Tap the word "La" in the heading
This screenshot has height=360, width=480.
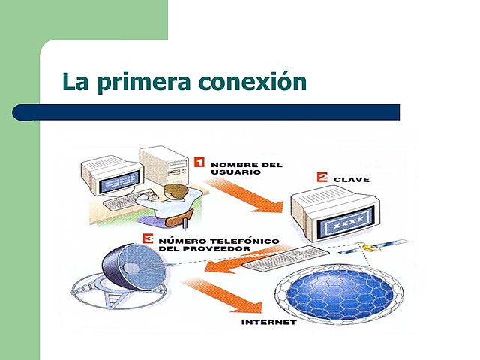pyautogui.click(x=74, y=81)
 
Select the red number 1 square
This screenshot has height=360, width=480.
pyautogui.click(x=199, y=161)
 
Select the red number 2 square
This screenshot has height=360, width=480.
pyautogui.click(x=322, y=178)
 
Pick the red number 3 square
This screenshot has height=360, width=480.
pyautogui.click(x=148, y=240)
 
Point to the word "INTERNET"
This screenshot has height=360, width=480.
pyautogui.click(x=269, y=322)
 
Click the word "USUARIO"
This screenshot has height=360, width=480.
pyautogui.click(x=235, y=172)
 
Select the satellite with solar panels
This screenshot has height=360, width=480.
pyautogui.click(x=375, y=247)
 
